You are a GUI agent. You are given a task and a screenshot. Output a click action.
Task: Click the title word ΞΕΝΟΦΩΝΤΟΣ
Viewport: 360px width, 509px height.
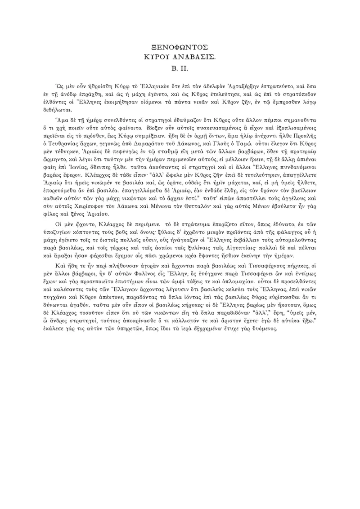tap(180, 47)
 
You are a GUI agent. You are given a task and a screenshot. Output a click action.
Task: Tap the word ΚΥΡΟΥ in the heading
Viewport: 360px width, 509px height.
tap(158, 58)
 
